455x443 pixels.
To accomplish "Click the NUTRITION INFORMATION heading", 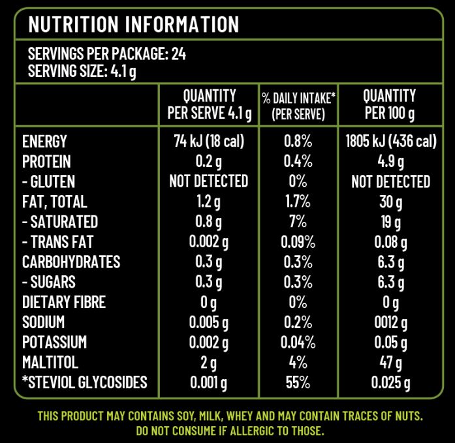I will click(134, 24).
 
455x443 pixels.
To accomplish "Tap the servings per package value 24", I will click(178, 54).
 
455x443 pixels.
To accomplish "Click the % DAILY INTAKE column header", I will click(298, 106).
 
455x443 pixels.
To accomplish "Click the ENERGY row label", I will click(44, 141).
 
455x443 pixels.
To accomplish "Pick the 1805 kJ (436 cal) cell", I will click(390, 141).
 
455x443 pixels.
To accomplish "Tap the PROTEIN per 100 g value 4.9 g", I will click(390, 161).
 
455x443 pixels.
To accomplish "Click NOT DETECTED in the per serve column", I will click(208, 181).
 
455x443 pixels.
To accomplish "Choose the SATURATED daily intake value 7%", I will click(298, 221).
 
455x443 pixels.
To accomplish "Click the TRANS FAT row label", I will click(57, 241).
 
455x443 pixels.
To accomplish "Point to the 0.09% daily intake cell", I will click(298, 241).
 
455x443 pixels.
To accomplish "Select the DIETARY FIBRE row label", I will click(63, 302).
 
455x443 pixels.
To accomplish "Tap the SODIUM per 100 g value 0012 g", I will click(390, 322).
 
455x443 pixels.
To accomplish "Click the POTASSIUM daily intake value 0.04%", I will click(298, 343).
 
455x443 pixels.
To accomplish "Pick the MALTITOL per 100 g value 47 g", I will click(390, 363).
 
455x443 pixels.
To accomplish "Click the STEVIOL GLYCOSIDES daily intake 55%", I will click(298, 382).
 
